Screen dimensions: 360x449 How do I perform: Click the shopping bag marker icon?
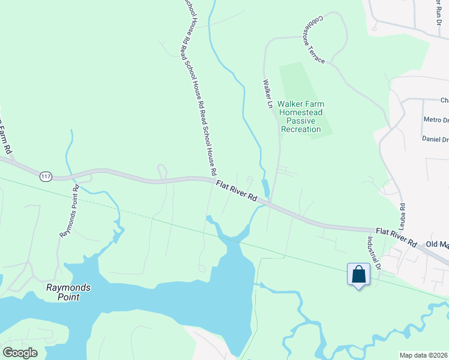358,275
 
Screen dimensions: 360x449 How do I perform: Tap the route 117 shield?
46,176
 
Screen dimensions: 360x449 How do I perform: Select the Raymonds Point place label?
68,292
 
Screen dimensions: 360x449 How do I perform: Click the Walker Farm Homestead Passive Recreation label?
300,116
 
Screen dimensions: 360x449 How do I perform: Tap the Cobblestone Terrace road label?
315,40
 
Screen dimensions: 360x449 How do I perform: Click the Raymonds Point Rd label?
68,210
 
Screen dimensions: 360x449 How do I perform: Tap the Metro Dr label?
436,119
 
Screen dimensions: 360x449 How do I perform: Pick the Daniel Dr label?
436,139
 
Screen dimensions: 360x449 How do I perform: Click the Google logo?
20,353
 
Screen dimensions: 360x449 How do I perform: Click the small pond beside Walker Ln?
265,189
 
